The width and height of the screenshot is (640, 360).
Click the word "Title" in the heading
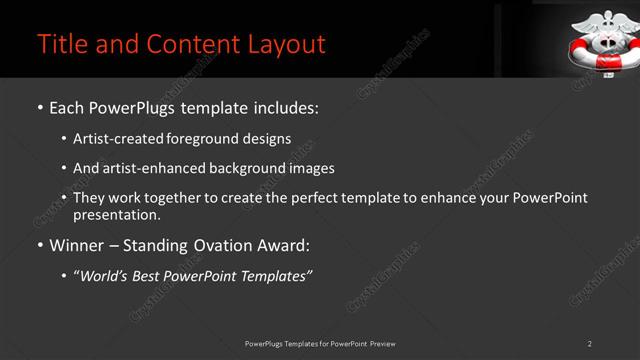coord(60,44)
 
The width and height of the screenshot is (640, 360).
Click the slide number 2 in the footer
coord(590,344)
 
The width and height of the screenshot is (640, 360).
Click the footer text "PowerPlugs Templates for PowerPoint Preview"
coord(320,344)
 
